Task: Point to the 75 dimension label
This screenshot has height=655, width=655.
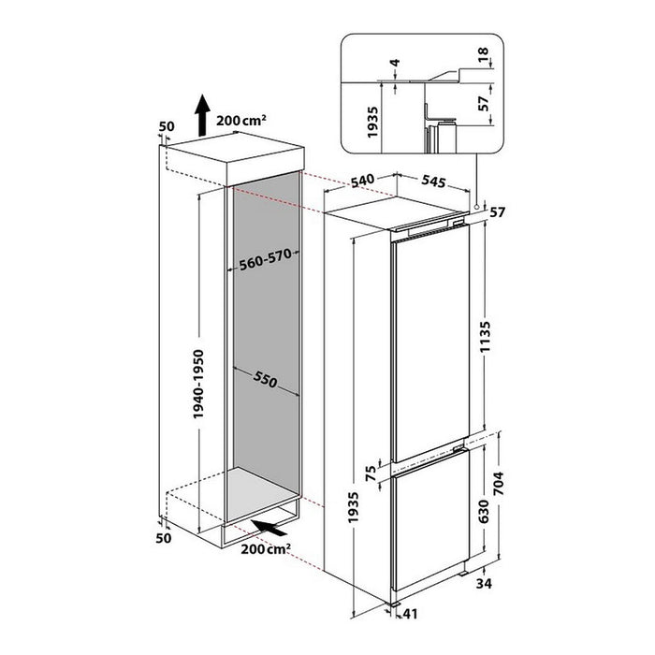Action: point(371,473)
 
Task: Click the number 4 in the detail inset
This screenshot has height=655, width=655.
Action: point(396,66)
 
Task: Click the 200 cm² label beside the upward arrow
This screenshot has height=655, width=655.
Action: point(241,119)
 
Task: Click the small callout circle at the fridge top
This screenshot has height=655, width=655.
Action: point(477,207)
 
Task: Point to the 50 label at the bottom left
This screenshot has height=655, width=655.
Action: point(165,538)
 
